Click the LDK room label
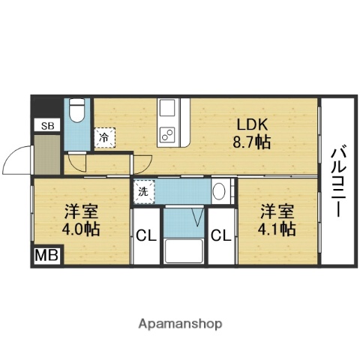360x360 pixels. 252,124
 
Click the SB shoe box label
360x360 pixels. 47,125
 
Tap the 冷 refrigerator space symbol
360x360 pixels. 105,137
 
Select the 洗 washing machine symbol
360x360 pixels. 142,190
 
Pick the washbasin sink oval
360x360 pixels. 219,190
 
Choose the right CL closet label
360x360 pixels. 220,236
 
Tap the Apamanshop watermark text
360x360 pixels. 180,324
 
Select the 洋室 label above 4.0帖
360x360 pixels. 80,210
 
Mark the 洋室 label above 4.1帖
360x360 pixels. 278,210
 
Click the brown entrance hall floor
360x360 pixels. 46,154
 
